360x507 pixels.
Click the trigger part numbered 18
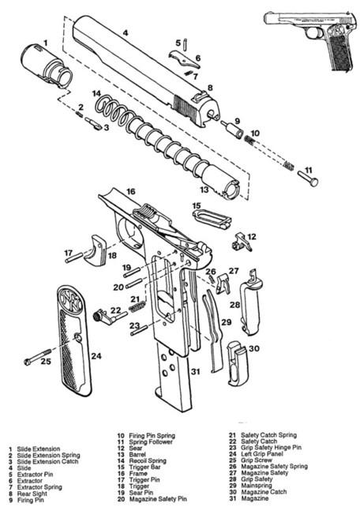pos(96,250)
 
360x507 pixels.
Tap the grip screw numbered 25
pos(37,357)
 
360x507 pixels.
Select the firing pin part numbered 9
pos(232,129)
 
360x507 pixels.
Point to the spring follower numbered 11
pos(308,178)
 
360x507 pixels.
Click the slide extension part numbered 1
pos(47,66)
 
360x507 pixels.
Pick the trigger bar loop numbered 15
pos(212,219)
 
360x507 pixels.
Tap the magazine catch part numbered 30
pos(238,363)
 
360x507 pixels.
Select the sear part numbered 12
pos(242,242)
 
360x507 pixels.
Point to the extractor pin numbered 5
pos(186,44)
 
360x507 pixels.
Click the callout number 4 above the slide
pos(126,32)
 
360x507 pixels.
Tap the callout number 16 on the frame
pos(130,191)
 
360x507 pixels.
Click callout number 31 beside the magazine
pos(195,371)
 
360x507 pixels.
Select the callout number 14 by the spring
pos(96,94)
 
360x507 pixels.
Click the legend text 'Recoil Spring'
pos(148,460)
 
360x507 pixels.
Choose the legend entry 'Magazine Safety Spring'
pos(274,467)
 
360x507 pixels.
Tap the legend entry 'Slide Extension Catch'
pos(47,462)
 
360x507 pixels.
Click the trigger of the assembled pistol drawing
pos(317,33)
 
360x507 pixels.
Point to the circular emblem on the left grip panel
pos(71,301)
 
